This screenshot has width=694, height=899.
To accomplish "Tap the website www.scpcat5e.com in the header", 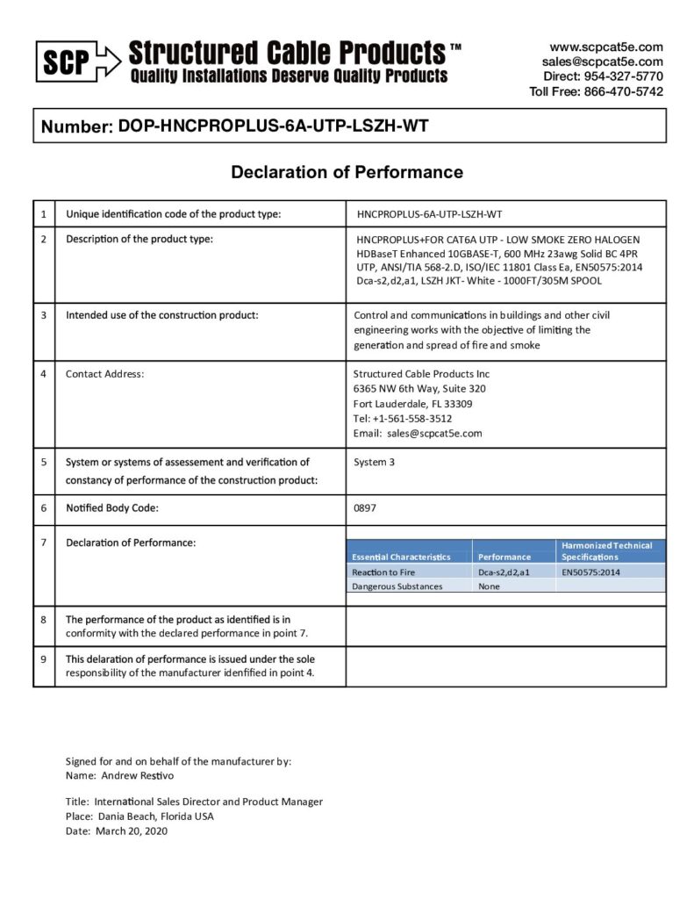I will pyautogui.click(x=606, y=47).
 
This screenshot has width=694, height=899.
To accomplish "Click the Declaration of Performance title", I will pyautogui.click(x=347, y=172).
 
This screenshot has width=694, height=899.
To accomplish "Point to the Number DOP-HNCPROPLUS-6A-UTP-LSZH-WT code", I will pyautogui.click(x=274, y=126).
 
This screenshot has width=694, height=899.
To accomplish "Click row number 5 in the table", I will pyautogui.click(x=43, y=462).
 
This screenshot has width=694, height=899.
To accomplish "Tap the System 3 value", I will pyautogui.click(x=374, y=462).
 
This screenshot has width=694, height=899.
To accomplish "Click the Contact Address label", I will pyautogui.click(x=104, y=374).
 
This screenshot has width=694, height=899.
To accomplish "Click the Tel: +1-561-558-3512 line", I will pyautogui.click(x=403, y=418).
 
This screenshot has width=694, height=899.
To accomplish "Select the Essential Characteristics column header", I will pyautogui.click(x=401, y=557).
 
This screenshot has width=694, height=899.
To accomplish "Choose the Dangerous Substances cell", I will pyautogui.click(x=397, y=586).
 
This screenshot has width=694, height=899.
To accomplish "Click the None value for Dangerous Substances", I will pyautogui.click(x=489, y=586).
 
